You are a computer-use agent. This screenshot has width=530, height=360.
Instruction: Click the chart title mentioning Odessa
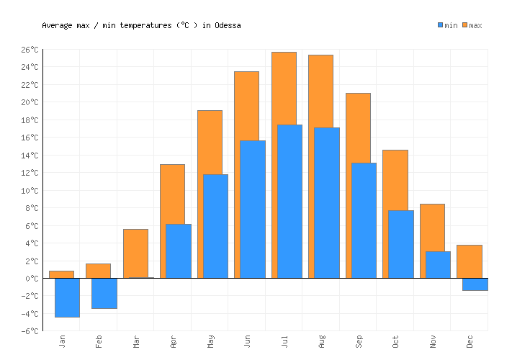[141, 25]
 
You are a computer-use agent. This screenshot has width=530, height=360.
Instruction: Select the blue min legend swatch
[441, 25]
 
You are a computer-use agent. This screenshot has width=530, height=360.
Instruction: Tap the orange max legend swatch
[465, 25]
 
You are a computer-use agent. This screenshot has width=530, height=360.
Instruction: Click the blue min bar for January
[67, 297]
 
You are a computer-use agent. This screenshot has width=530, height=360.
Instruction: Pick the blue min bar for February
[104, 293]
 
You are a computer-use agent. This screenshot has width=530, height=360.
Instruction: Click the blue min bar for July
[289, 202]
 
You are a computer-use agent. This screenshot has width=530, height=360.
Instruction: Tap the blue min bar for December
[475, 284]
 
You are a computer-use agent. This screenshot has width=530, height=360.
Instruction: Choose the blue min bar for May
[215, 226]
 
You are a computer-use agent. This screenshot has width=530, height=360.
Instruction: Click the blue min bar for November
[438, 264]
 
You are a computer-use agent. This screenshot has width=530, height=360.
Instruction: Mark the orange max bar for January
[61, 274]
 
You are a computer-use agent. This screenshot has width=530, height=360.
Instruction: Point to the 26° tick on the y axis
[30, 50]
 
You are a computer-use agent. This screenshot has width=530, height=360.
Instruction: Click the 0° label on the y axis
[32, 279]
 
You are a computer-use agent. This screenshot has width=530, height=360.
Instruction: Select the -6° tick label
[30, 331]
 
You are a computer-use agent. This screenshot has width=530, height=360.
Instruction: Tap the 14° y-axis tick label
[30, 156]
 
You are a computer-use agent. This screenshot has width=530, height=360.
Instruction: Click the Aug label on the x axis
[322, 341]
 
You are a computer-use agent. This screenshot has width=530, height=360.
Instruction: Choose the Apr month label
[174, 341]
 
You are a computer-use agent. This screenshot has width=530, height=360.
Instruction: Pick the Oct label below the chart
[396, 341]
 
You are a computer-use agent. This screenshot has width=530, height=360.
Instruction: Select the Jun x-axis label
[248, 341]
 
